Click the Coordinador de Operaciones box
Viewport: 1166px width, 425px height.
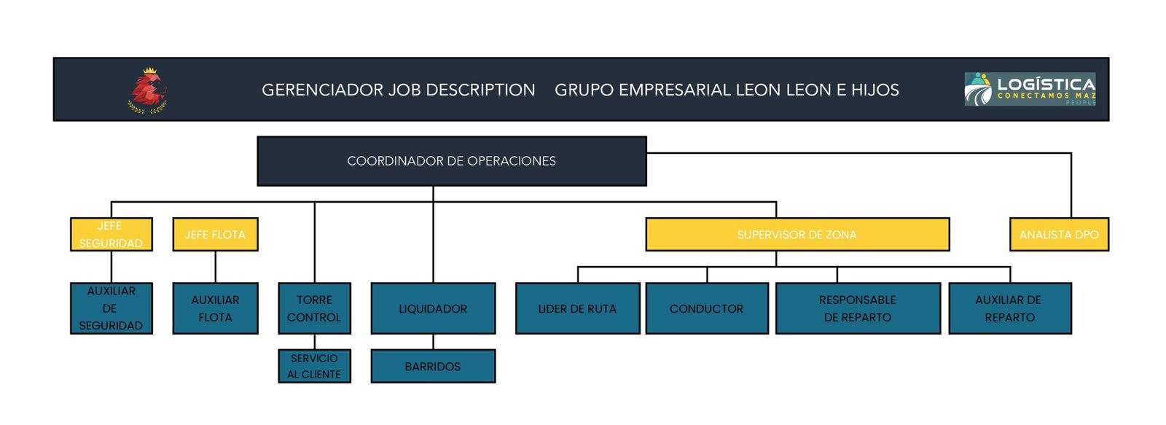pyautogui.click(x=451, y=161)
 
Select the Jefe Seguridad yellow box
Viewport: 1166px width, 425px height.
pyautogui.click(x=111, y=235)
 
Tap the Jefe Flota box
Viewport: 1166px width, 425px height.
pyautogui.click(x=215, y=235)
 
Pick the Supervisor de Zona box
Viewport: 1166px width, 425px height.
pyautogui.click(x=797, y=235)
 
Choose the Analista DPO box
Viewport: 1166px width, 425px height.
pyautogui.click(x=1058, y=235)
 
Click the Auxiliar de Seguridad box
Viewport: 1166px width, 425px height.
pyautogui.click(x=111, y=308)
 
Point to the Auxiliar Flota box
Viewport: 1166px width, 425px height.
pyautogui.click(x=215, y=308)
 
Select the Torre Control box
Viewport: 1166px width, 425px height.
pyautogui.click(x=314, y=308)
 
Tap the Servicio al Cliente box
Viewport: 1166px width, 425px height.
pyautogui.click(x=314, y=366)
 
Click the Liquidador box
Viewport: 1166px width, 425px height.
pyautogui.click(x=433, y=308)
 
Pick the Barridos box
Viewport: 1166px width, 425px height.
pyautogui.click(x=433, y=366)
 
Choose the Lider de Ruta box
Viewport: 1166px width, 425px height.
pyautogui.click(x=577, y=308)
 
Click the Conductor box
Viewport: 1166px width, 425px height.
pyautogui.click(x=706, y=308)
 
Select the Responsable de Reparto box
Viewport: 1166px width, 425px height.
pyautogui.click(x=858, y=308)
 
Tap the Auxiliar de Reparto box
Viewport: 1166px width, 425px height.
pyautogui.click(x=1009, y=308)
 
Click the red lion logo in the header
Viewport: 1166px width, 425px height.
pyautogui.click(x=148, y=90)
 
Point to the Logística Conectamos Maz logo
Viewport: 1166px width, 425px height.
pyautogui.click(x=1030, y=90)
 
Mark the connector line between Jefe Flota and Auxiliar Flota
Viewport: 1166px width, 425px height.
pyautogui.click(x=216, y=267)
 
